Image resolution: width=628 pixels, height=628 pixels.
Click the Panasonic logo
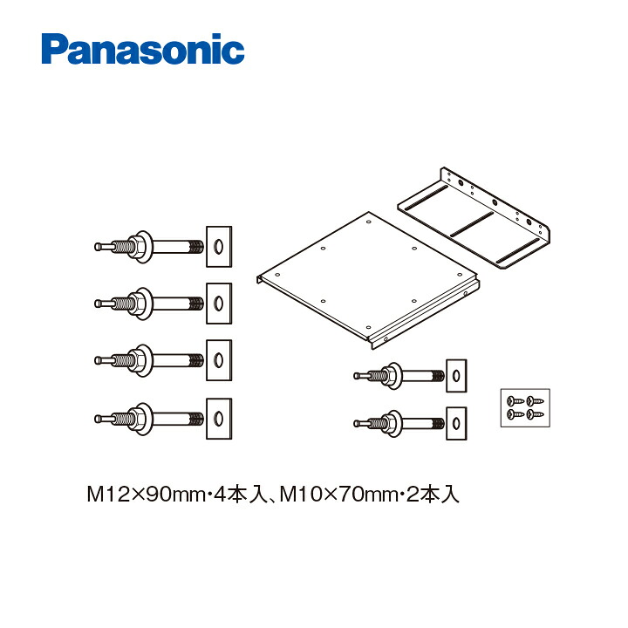coord(143,49)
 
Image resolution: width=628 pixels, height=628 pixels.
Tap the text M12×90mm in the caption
coord(146,495)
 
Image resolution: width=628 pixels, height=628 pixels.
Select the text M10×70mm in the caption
coord(338,495)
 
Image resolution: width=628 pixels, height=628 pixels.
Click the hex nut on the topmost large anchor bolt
coord(137,247)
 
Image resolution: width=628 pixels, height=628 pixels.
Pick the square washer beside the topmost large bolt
coord(219,247)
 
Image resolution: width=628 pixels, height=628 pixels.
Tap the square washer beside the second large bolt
coord(219,304)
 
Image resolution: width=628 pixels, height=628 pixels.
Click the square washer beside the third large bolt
coord(219,360)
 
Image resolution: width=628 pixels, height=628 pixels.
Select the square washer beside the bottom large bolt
coord(219,419)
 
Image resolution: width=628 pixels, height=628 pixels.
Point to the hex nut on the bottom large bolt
coord(137,419)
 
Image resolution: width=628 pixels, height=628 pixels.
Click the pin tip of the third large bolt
coord(98,360)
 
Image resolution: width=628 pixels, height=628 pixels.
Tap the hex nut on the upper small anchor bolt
coord(388,376)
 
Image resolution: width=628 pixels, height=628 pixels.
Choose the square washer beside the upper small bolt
coord(456,376)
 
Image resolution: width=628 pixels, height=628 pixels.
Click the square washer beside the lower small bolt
coord(456,423)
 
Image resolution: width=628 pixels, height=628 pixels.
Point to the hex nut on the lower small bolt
coord(388,423)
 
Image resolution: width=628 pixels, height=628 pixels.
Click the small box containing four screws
coord(525,407)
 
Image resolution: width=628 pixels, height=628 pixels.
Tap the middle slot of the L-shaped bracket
coord(472,224)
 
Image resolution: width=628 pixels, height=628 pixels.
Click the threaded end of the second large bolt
coord(196,304)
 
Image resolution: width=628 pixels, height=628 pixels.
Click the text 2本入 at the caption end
coord(432,495)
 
